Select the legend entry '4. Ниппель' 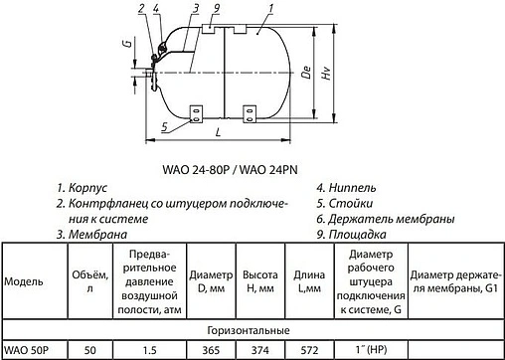pyautogui.click(x=345, y=188)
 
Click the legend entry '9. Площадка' pyautogui.click(x=351, y=234)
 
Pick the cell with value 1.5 pyautogui.click(x=148, y=350)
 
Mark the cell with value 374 pyautogui.click(x=259, y=350)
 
